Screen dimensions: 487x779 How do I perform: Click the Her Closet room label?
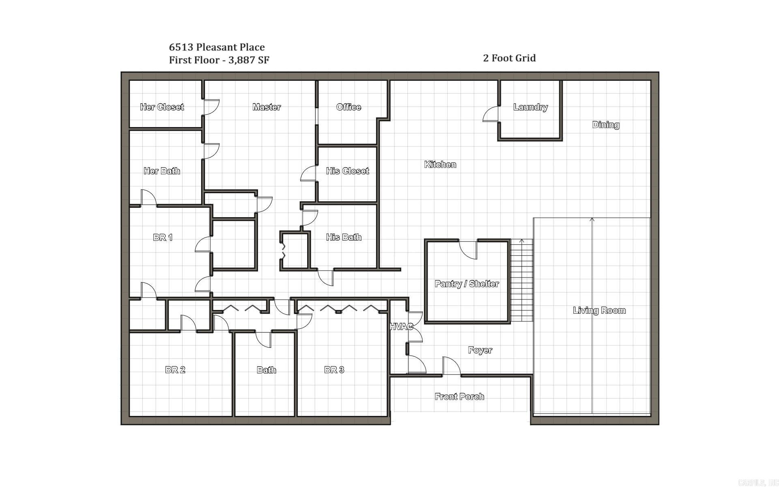(x=162, y=107)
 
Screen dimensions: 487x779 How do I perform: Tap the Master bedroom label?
(x=267, y=107)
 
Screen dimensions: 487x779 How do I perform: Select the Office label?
(x=349, y=107)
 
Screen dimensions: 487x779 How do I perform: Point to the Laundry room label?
(x=530, y=107)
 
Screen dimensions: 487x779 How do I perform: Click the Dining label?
(x=606, y=125)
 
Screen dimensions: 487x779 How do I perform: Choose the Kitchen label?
(x=440, y=165)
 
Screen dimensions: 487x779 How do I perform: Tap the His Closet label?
(x=347, y=171)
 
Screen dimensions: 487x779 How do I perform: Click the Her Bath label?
(x=162, y=171)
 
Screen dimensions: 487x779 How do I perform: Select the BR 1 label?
(x=163, y=237)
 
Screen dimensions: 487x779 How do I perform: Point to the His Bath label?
(x=344, y=237)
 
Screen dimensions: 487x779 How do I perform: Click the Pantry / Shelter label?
(x=467, y=284)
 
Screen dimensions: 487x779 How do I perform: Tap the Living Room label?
(x=599, y=311)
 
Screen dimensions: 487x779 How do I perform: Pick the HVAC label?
(x=401, y=327)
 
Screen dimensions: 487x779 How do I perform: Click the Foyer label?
(x=480, y=350)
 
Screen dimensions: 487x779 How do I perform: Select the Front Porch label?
(x=459, y=397)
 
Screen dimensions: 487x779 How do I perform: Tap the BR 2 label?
(x=175, y=370)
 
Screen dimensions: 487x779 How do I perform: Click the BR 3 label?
(x=334, y=370)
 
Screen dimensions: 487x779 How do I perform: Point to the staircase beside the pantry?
(x=521, y=280)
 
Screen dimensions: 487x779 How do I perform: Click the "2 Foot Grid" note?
(x=509, y=58)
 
